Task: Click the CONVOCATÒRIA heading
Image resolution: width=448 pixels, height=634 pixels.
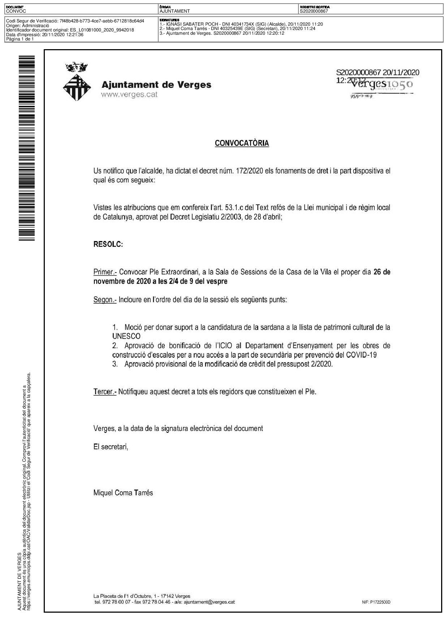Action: coord(242,143)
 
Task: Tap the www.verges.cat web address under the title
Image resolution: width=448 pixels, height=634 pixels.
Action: coord(129,95)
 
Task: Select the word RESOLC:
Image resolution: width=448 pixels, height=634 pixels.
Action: coord(108,244)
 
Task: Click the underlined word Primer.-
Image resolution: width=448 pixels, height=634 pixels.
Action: coord(105,272)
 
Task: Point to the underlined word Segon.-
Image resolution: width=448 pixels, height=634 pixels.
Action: coord(105,300)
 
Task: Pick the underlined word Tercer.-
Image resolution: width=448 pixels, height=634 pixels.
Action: coord(105,391)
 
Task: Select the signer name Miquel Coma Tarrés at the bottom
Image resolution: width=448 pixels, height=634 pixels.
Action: coord(123,493)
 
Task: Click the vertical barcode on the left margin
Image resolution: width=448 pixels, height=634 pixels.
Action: coord(27,148)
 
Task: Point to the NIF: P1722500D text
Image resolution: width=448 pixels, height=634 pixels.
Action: coord(376,602)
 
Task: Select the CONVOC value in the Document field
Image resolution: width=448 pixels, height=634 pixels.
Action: coord(16,11)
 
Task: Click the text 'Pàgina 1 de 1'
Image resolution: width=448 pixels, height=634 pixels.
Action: coord(20,39)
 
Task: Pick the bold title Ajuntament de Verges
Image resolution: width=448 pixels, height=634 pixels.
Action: coord(156,85)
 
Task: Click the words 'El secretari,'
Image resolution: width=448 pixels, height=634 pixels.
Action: coord(111,447)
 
